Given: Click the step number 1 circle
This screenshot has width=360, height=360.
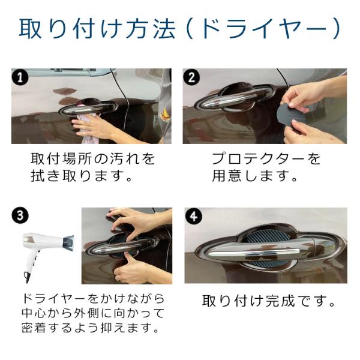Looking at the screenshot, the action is (20, 77).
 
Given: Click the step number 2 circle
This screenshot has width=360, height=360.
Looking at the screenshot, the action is (191, 77).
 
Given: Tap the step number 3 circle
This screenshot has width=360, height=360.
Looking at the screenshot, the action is (20, 215).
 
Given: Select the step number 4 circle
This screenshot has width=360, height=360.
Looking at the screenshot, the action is (194, 216).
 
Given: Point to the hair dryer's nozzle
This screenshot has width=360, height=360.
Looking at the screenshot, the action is (68, 244).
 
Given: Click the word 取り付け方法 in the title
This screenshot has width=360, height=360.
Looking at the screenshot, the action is (98, 29).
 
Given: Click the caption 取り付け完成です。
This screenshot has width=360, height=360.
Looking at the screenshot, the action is (269, 301).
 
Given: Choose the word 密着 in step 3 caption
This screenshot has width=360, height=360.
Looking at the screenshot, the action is (33, 328).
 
